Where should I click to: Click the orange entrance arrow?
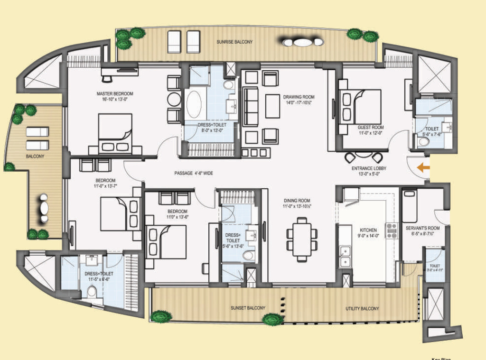tap(423, 167)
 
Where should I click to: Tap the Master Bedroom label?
tap(114, 93)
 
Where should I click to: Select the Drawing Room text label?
tap(299, 97)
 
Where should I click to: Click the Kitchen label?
tap(368, 230)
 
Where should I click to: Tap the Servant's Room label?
tap(422, 228)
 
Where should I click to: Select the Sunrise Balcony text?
tap(235, 42)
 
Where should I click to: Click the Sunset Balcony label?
tap(248, 308)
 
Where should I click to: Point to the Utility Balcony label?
tap(363, 308)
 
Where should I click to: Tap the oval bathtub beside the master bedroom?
tap(194, 105)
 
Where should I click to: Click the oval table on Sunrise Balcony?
tap(302, 42)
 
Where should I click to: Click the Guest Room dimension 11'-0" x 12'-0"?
tap(371, 133)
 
